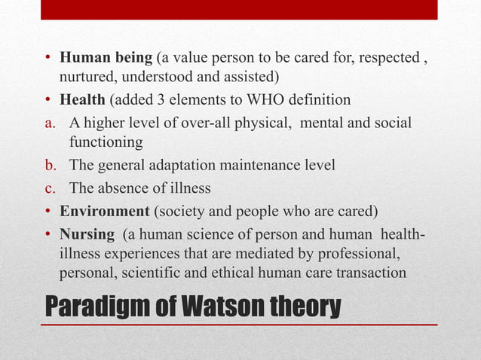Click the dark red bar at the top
239,9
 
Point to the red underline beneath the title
239,325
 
